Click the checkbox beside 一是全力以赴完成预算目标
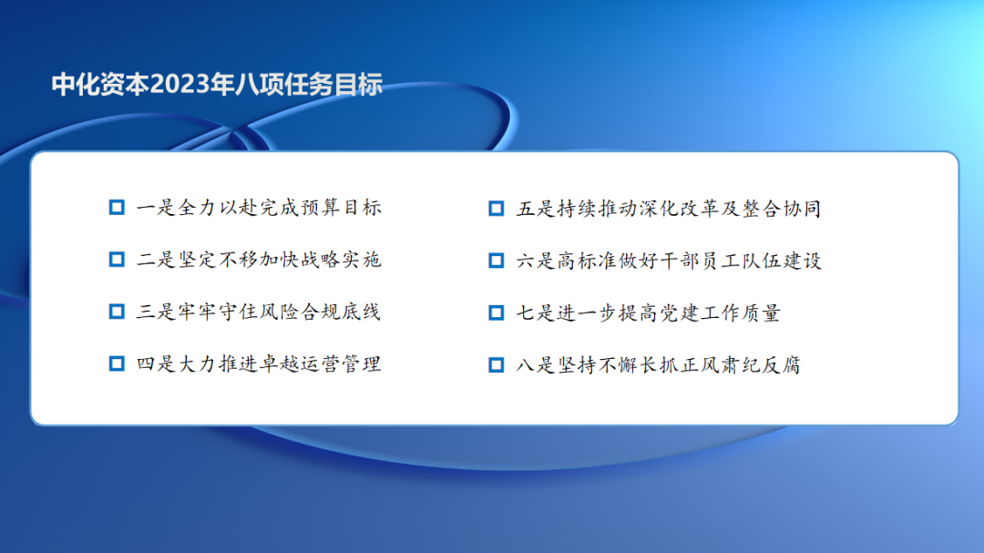click(117, 207)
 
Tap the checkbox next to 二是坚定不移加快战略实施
click(117, 260)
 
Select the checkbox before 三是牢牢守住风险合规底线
click(117, 312)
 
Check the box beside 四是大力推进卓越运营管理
click(117, 364)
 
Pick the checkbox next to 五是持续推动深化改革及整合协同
click(497, 209)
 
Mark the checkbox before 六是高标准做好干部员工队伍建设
click(497, 261)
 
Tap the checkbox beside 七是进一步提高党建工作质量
click(497, 312)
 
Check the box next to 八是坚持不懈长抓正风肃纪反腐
click(497, 364)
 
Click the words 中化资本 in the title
click(100, 85)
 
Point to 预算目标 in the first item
click(341, 207)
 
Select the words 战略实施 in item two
click(341, 260)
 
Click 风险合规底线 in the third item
click(320, 312)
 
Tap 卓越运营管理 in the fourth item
click(320, 364)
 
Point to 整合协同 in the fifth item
click(782, 209)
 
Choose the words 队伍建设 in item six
click(782, 261)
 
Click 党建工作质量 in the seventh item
click(721, 312)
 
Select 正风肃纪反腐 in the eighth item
click(741, 364)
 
